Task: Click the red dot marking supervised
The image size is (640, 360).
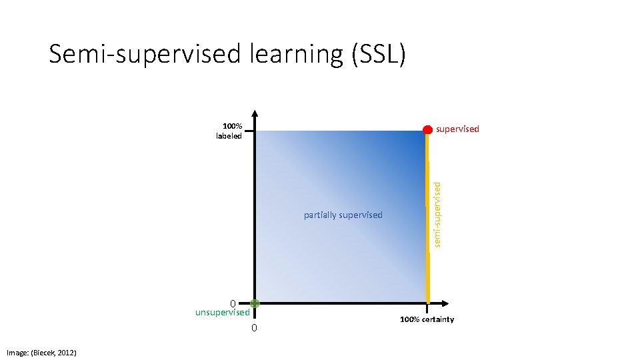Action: (428, 129)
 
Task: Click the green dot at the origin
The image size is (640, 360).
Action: (255, 303)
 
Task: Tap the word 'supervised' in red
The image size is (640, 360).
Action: (457, 129)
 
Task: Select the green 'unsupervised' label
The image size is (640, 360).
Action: (222, 312)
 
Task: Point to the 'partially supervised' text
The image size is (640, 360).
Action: (343, 215)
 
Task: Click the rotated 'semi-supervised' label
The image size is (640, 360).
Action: (437, 207)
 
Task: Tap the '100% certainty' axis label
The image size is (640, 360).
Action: (427, 319)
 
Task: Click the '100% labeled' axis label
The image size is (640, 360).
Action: (231, 131)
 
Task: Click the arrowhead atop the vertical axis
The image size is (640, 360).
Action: (255, 113)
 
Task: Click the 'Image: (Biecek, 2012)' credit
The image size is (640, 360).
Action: (41, 352)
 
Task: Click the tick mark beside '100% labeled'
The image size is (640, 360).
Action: (248, 131)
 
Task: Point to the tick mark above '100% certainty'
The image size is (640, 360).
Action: (427, 309)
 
